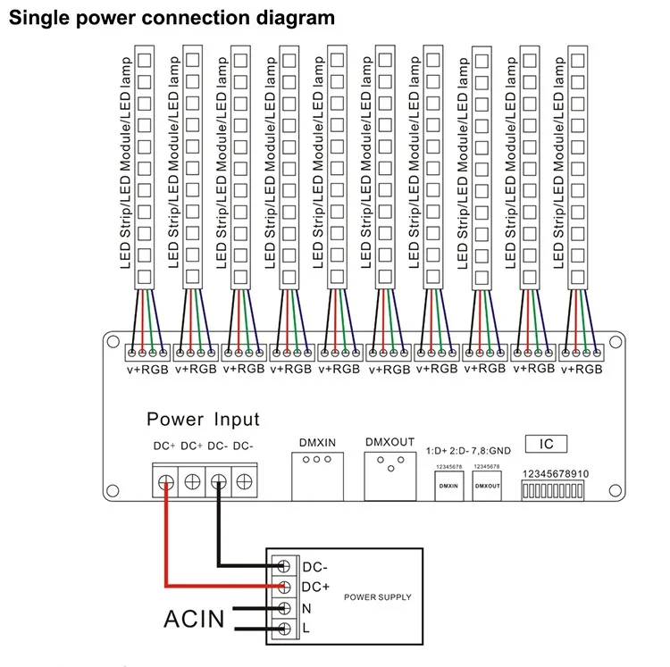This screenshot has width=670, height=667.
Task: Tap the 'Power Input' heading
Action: click(203, 420)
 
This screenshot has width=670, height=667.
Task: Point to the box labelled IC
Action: click(547, 444)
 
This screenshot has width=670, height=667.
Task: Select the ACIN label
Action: click(195, 619)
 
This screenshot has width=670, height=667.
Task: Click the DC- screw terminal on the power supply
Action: click(285, 566)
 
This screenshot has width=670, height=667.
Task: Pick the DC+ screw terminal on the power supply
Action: click(285, 587)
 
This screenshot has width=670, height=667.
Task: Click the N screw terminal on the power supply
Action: click(285, 609)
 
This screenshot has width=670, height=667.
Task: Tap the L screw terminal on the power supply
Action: click(285, 630)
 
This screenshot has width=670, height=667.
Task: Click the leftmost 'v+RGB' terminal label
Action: click(147, 369)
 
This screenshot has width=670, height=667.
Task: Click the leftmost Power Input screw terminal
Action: click(167, 483)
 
